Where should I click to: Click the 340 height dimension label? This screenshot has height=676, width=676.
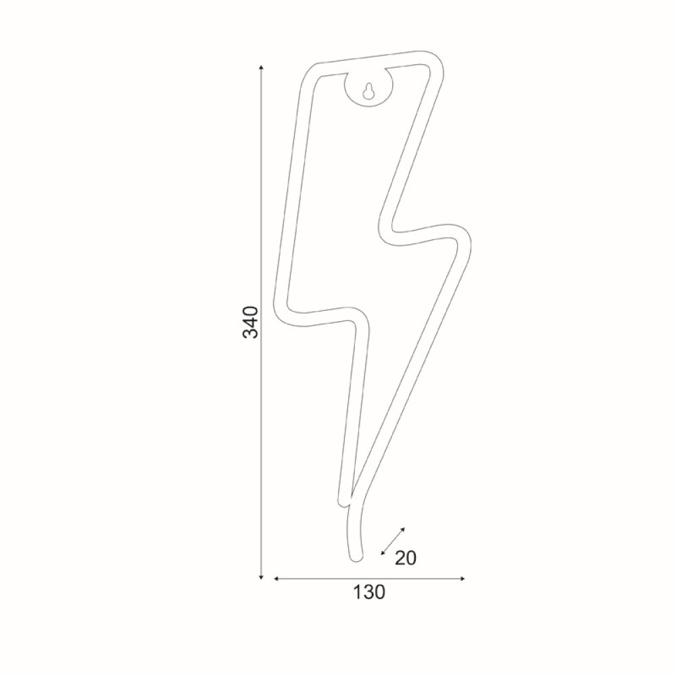tap(251, 322)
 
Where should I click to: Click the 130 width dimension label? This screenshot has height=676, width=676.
tap(369, 592)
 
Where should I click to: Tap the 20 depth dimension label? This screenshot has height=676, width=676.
tap(406, 558)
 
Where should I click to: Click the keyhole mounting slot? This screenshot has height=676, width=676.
tap(368, 91)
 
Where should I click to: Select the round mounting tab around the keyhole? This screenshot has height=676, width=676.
tap(368, 89)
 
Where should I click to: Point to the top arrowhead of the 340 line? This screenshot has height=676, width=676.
tap(261, 67)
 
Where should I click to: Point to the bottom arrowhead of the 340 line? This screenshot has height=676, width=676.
tap(261, 577)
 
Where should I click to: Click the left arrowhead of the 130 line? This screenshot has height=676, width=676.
tap(276, 579)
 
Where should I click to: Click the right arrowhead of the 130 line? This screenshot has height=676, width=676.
tap(462, 579)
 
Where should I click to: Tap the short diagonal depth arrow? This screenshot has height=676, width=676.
tap(393, 541)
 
